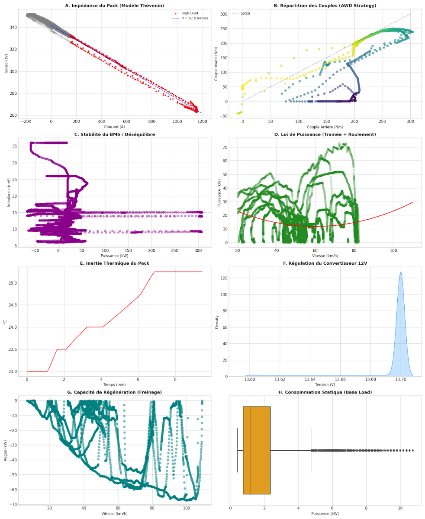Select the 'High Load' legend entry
(190, 13)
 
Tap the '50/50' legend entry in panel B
(245, 13)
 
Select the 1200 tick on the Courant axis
(202, 122)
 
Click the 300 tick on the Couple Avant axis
(224, 14)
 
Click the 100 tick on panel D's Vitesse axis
(393, 250)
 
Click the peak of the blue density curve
(401, 272)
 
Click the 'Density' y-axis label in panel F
(218, 321)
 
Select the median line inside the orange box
(250, 450)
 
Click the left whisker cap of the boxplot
(237, 450)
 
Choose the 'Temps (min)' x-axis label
(115, 384)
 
